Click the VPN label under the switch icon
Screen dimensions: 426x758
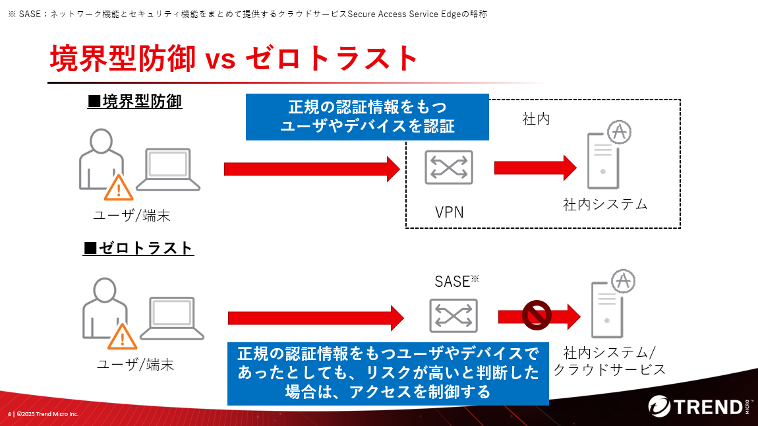click(449, 212)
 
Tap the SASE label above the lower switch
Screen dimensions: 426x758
click(452, 282)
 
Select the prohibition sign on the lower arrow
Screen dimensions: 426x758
click(537, 315)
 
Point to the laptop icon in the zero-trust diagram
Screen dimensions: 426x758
click(172, 319)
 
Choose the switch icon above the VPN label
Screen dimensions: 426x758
click(449, 166)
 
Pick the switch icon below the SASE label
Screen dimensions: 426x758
click(453, 316)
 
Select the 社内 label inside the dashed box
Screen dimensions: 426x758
click(536, 119)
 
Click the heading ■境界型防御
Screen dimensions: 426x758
click(134, 102)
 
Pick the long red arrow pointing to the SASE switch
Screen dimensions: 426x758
click(316, 319)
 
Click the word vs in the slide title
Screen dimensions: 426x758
click(221, 59)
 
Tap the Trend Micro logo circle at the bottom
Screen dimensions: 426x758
click(660, 406)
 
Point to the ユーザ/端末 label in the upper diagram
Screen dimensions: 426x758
click(132, 216)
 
